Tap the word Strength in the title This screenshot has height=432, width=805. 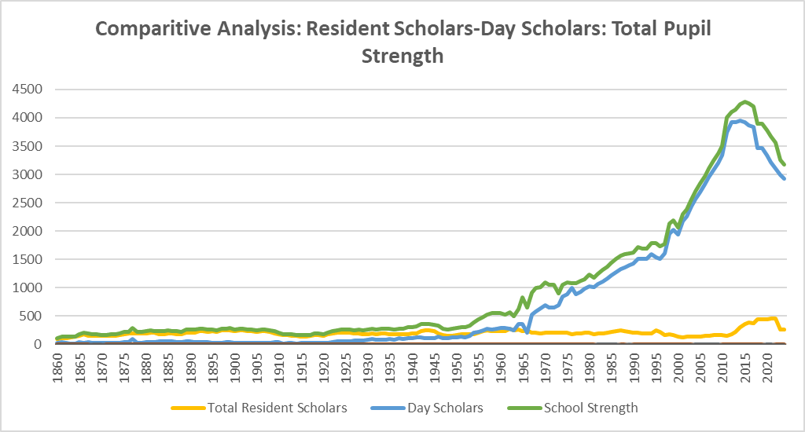402,57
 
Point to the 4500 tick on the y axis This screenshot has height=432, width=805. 29,90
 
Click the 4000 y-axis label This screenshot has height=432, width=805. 29,118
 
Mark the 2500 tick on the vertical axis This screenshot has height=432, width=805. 29,203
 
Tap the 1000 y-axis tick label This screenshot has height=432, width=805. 29,287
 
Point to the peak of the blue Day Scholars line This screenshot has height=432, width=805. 740,120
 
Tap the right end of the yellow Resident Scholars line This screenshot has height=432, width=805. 785,329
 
